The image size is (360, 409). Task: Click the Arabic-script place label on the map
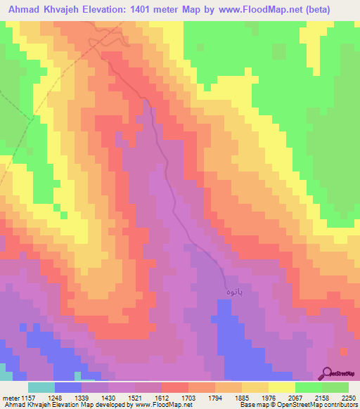pos(233,291)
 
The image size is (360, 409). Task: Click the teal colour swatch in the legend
pos(41,387)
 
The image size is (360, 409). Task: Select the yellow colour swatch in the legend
pos(282,387)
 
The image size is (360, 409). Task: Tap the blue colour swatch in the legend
pos(67,387)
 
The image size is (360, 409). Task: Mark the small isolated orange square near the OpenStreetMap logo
pos(342,351)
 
